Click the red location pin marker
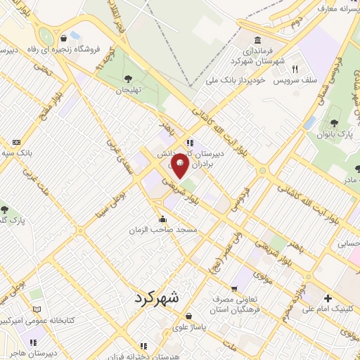coord(180,165)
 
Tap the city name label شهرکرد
coord(155,297)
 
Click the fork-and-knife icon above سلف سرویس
coord(295,70)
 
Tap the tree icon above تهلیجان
coord(127,79)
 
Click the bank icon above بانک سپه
coord(15,143)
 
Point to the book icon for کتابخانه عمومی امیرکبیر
coord(37,309)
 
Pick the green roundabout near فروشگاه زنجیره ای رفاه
coord(46,36)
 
